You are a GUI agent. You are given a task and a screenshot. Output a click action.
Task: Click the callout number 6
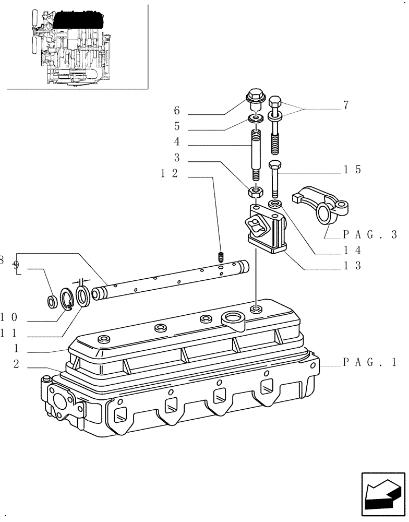(176, 111)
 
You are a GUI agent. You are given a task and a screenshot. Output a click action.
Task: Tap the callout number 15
(352, 170)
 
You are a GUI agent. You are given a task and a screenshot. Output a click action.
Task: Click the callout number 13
(352, 266)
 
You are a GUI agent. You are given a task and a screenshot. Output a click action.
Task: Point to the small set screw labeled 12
(220, 257)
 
